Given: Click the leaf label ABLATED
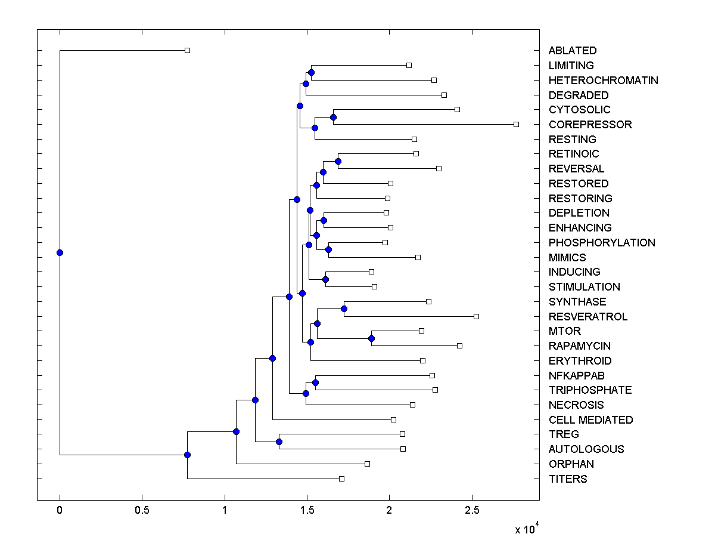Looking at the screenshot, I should click(572, 51).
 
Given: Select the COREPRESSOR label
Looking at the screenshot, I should click(590, 125).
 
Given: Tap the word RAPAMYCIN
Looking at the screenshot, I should click(579, 346).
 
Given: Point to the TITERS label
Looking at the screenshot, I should click(567, 479).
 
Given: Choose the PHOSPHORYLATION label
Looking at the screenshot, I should click(602, 243).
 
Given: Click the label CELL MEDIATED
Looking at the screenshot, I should click(590, 420).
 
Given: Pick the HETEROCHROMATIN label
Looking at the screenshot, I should click(603, 81).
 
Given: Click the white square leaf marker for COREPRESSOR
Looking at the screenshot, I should click(516, 124).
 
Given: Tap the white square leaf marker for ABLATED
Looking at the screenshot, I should click(187, 50).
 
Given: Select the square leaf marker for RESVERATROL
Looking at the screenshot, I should click(476, 316).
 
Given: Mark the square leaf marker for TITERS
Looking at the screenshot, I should click(341, 479).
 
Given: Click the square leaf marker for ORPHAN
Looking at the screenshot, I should click(367, 464).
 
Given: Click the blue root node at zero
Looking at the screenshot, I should click(60, 252).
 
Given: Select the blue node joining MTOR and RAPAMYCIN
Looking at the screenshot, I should click(371, 338).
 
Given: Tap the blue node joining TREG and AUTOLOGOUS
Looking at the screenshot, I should click(279, 442).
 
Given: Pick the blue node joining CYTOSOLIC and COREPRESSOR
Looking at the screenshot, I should click(333, 117).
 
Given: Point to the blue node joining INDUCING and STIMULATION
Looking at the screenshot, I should click(325, 279).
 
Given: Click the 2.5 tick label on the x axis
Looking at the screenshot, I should click(471, 510).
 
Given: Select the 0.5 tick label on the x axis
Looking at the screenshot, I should click(142, 510).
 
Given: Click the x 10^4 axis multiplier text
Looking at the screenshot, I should click(527, 529).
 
